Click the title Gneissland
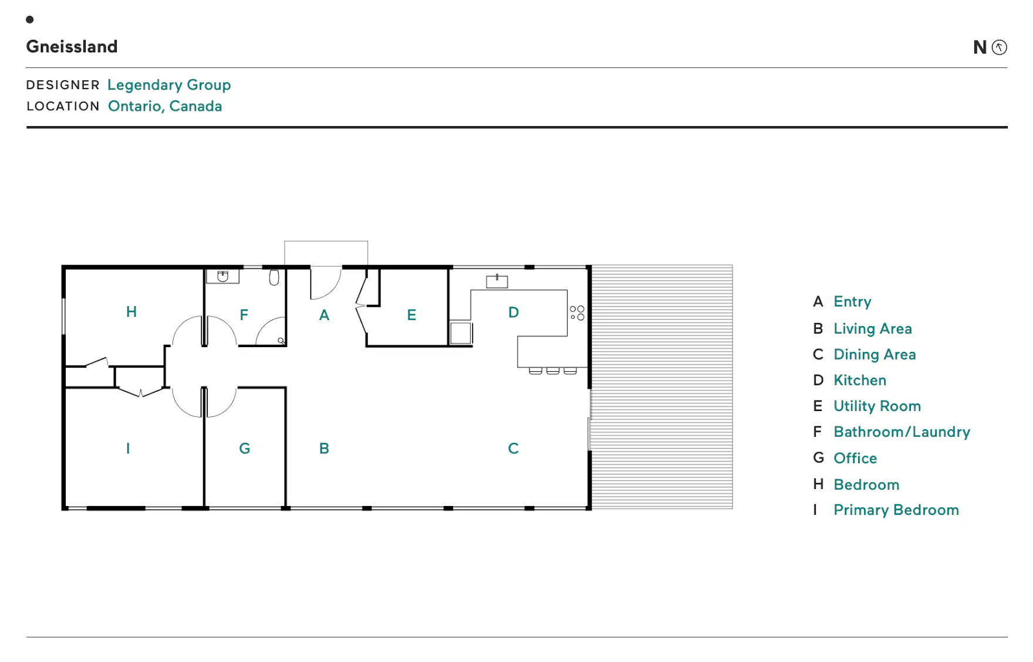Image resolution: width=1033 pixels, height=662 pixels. [x=72, y=47]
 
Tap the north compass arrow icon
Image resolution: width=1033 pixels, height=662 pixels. [x=999, y=47]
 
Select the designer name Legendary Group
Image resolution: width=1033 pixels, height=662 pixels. [x=169, y=86]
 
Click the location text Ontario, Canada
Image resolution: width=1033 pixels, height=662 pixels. [x=165, y=107]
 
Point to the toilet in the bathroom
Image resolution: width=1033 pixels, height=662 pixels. [x=274, y=277]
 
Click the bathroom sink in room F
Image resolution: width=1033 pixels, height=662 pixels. [x=222, y=276]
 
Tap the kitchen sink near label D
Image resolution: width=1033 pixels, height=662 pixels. [x=497, y=281]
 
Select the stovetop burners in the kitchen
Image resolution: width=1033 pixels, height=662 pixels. [x=577, y=313]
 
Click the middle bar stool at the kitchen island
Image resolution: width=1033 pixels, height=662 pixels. [x=553, y=371]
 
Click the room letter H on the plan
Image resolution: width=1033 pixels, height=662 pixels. [x=131, y=312]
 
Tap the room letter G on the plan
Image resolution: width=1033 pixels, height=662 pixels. [x=245, y=449]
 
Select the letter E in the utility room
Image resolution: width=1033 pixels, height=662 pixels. [x=411, y=315]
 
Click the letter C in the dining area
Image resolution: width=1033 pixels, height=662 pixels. [x=513, y=449]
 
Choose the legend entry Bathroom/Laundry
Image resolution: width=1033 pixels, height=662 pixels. [x=902, y=432]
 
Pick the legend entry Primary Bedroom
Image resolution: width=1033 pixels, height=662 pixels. [x=896, y=510]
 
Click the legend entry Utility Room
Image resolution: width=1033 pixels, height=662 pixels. [x=877, y=406]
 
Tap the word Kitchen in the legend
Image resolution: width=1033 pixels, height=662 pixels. [x=860, y=380]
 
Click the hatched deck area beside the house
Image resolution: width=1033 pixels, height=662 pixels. [x=661, y=387]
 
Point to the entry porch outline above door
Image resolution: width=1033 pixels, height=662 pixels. [x=326, y=241]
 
